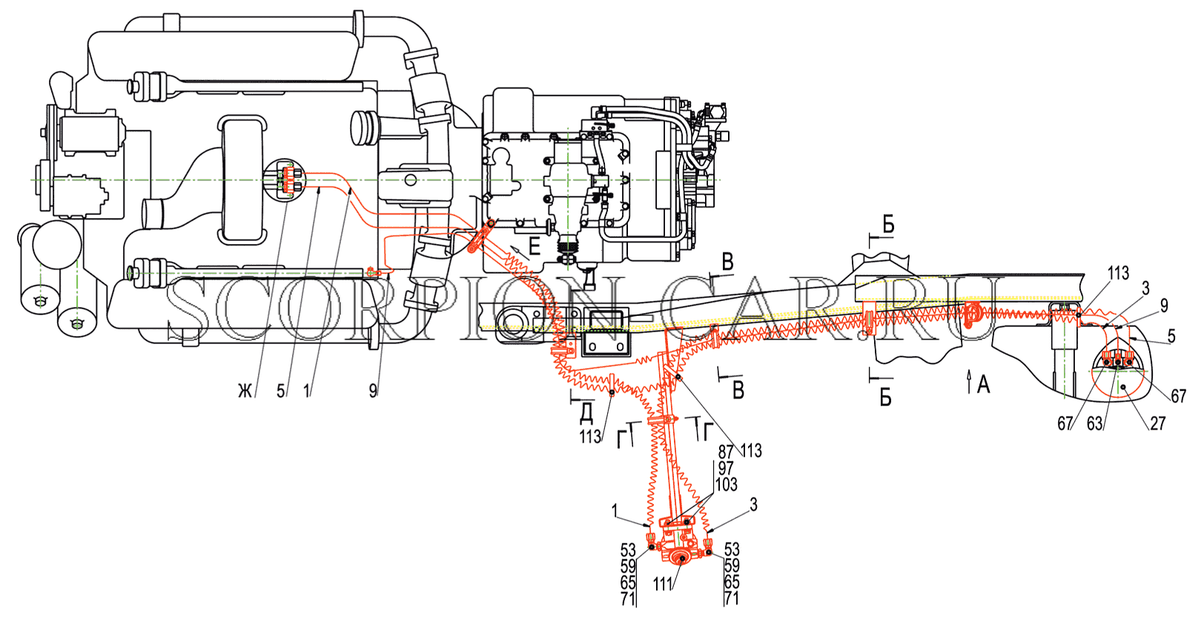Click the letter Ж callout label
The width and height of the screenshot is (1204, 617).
pyautogui.click(x=245, y=392)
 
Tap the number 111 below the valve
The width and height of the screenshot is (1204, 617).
pyautogui.click(x=663, y=584)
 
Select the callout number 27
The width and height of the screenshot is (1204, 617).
pyautogui.click(x=1157, y=423)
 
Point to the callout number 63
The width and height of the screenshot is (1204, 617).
pyautogui.click(x=1095, y=424)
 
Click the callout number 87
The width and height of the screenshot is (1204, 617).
pyautogui.click(x=726, y=452)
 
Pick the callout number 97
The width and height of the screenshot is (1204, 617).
pyautogui.click(x=726, y=468)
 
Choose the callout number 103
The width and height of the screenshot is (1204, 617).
pyautogui.click(x=726, y=485)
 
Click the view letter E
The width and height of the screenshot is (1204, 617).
pyautogui.click(x=535, y=247)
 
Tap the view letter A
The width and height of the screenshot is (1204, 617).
pyautogui.click(x=983, y=385)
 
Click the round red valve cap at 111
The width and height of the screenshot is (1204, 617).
pyautogui.click(x=682, y=559)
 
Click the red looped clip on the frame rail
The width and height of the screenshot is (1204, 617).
pyautogui.click(x=970, y=315)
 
